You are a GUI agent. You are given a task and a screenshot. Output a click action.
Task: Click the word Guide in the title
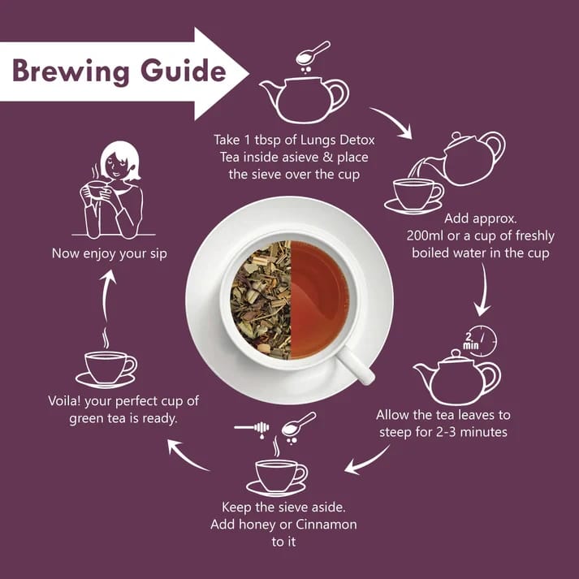click(x=184, y=70)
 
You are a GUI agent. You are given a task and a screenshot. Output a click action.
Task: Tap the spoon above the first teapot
click(x=313, y=53)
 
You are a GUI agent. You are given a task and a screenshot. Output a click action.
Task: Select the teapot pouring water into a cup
click(x=472, y=158)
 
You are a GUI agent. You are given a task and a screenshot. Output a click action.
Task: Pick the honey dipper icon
click(x=252, y=428)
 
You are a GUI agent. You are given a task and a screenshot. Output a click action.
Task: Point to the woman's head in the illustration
click(x=121, y=161)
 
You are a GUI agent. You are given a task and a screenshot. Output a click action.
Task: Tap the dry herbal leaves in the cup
click(x=261, y=300)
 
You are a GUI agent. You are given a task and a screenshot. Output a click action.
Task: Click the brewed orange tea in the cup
click(x=319, y=300)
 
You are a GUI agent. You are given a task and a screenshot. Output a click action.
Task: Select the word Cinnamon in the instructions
click(x=326, y=525)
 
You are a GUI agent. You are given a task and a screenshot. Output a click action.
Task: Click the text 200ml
click(x=425, y=235)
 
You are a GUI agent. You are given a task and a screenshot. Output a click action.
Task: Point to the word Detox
click(x=357, y=140)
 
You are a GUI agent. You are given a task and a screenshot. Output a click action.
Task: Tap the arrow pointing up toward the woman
click(x=107, y=296)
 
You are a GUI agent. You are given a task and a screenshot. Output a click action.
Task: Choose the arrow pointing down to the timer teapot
click(x=483, y=290)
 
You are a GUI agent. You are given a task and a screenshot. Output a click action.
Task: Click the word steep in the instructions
click(x=395, y=432)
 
